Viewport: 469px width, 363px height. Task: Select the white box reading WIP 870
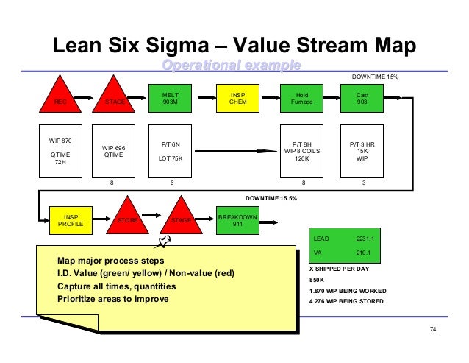(x=58, y=151)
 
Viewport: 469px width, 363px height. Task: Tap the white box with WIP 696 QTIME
(x=112, y=151)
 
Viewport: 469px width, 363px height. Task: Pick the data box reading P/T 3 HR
(x=362, y=151)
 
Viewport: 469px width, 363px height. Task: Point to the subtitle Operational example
(x=232, y=66)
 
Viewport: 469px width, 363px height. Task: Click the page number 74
(x=432, y=327)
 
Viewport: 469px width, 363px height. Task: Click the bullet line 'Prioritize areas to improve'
(x=112, y=298)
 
